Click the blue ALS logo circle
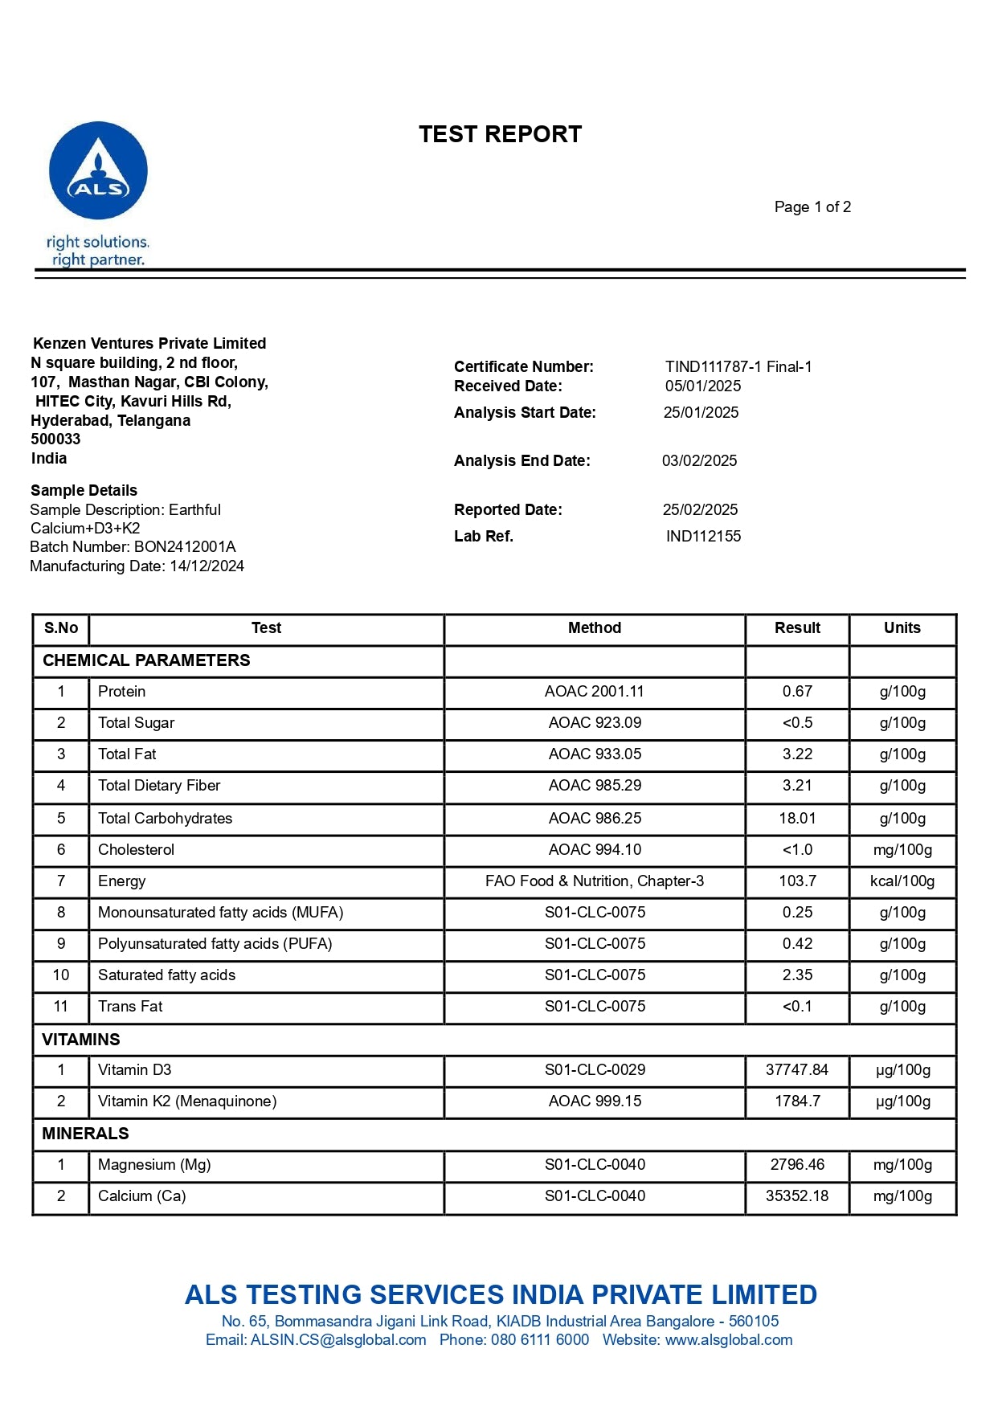(x=98, y=170)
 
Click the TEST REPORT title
(x=500, y=134)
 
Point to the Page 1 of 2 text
(x=812, y=207)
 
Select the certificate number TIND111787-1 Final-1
(x=738, y=367)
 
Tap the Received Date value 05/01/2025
(x=703, y=386)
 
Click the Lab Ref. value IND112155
(x=703, y=537)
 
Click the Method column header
(x=595, y=628)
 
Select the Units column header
(x=902, y=628)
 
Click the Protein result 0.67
(x=797, y=692)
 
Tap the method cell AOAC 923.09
(x=595, y=723)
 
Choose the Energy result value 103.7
(x=797, y=881)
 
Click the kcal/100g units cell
(x=902, y=881)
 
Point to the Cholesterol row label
(x=136, y=850)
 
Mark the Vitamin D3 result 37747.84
(x=796, y=1070)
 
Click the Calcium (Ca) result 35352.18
(x=796, y=1196)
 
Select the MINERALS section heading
(x=85, y=1134)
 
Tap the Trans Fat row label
(x=130, y=1007)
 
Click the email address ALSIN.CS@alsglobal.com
(x=338, y=1340)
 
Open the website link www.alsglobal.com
(x=728, y=1340)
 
